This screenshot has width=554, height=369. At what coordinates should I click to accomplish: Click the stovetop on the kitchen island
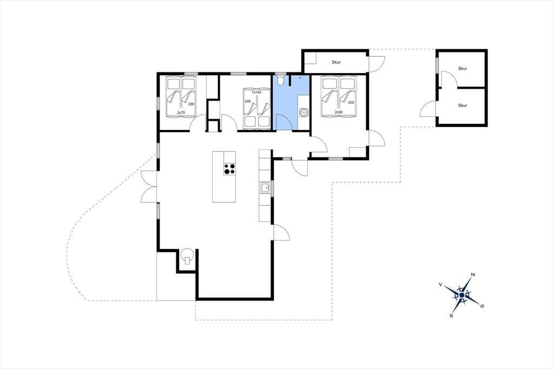point(229,169)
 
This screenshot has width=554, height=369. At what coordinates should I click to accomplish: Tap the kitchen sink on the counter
point(265,188)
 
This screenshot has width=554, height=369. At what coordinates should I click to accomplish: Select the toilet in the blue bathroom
point(281,80)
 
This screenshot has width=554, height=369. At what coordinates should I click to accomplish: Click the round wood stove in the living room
point(187,255)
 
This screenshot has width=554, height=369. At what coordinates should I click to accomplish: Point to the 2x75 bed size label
point(181,113)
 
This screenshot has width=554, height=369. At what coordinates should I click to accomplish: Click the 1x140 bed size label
point(256,92)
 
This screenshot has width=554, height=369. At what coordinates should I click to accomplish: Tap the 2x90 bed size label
point(339,112)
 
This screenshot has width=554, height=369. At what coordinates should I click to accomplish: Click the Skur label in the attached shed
point(336,62)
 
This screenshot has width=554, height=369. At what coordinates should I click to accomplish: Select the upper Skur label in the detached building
point(463,69)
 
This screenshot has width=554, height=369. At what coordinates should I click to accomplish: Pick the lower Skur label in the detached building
point(463,106)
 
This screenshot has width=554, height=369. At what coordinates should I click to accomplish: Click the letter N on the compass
point(473,275)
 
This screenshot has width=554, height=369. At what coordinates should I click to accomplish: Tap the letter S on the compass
point(451,315)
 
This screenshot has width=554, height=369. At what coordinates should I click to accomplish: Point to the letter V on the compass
point(440,284)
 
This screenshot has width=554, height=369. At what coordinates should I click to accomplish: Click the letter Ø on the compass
point(482,306)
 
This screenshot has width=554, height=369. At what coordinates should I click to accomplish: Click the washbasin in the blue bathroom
point(303,113)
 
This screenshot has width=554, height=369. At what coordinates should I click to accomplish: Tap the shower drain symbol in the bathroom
point(300,77)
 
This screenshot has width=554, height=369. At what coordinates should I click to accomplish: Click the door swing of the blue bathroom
point(284,122)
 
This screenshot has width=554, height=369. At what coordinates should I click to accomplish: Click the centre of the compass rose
point(462,295)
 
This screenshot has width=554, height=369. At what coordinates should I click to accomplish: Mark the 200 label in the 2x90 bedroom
point(351,102)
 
